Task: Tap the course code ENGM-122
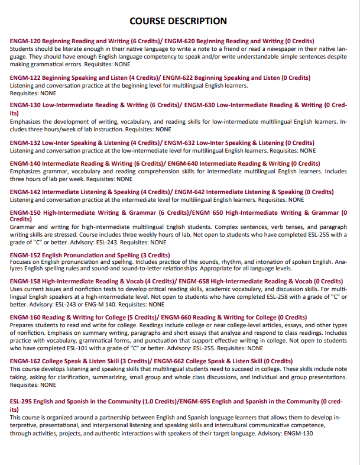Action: pyautogui.click(x=25, y=78)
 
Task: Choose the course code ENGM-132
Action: pyautogui.click(x=25, y=143)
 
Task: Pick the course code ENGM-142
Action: pyautogui.click(x=25, y=192)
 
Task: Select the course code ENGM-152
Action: pyautogui.click(x=25, y=255)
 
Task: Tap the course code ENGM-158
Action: pyautogui.click(x=25, y=282)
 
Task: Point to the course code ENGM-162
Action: pyautogui.click(x=25, y=361)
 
